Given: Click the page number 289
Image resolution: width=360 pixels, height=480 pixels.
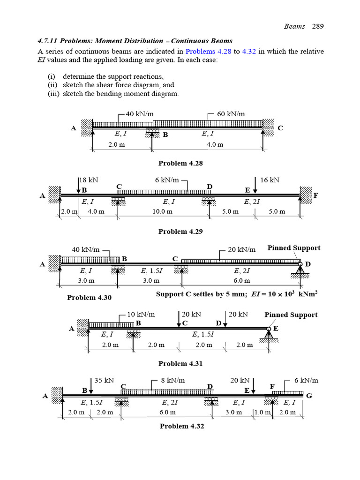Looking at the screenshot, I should point(317,26).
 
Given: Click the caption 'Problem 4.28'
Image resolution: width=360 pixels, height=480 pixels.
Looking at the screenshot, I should point(180,163).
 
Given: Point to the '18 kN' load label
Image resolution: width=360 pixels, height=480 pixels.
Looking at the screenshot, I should point(89,180).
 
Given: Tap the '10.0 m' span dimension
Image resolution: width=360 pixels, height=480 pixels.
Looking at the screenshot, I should point(163,211).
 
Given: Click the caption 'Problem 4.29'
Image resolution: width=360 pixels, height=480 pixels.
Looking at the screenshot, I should point(180,231).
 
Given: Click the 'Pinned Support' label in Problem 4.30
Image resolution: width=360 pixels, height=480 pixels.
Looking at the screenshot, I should point(294,248).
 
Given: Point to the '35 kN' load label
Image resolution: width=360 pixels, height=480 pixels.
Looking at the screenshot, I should point(105,381).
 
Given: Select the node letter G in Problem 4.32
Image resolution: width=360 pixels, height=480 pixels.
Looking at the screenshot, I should point(309,396).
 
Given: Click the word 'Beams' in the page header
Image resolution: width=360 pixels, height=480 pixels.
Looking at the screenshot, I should point(294,26).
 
